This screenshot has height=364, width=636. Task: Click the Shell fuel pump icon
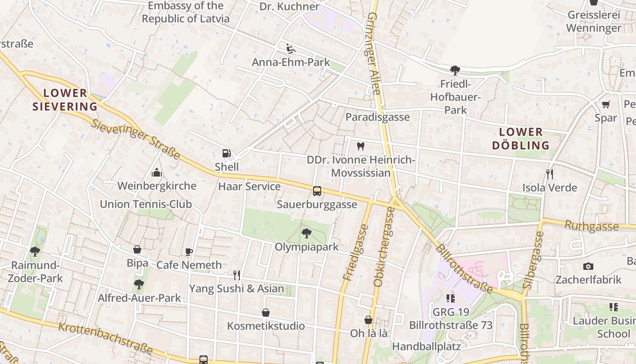tap(226, 154)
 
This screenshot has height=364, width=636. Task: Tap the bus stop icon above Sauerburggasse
tap(317, 191)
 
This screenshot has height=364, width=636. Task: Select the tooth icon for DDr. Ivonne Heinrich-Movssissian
tap(361, 146)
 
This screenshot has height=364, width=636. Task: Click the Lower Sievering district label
tap(65, 100)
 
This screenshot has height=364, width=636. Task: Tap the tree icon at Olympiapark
tap(307, 233)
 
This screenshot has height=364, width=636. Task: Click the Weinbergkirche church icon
tap(157, 172)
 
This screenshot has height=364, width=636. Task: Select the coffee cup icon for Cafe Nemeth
tap(189, 252)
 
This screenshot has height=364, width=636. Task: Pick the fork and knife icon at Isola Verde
tap(550, 174)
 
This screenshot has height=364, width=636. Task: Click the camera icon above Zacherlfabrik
tap(588, 266)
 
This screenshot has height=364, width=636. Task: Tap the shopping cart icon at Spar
tap(606, 105)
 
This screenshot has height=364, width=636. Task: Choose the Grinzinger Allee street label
tap(373, 54)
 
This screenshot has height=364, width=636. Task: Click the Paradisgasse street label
tap(378, 117)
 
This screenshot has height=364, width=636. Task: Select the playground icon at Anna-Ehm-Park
tap(291, 48)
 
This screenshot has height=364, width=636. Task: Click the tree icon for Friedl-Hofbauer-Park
tap(455, 70)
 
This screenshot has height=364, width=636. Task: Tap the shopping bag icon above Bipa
tap(137, 249)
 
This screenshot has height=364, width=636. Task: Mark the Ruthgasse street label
tap(591, 225)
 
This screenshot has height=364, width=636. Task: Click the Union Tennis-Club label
tap(146, 204)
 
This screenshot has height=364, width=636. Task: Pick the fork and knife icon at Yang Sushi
tap(236, 275)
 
